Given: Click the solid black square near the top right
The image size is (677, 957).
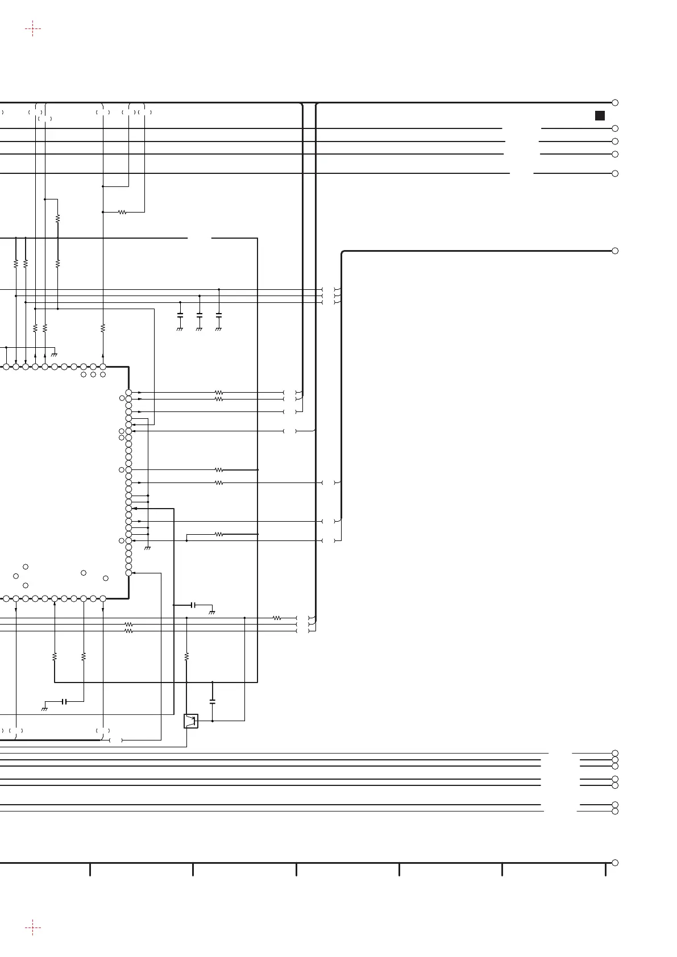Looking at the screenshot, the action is click(x=600, y=116).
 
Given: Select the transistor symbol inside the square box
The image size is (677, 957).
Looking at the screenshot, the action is click(x=191, y=721).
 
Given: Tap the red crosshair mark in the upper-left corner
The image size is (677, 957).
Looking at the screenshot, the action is click(x=33, y=28).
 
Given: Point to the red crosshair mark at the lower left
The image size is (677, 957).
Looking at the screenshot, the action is click(x=33, y=928).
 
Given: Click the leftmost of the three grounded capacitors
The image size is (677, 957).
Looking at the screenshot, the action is click(x=180, y=314).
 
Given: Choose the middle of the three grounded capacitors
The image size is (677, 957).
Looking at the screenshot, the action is click(x=200, y=314).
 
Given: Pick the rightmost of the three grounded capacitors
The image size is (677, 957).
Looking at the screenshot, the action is click(x=219, y=314).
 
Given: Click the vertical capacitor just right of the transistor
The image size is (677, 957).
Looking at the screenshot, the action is click(x=213, y=702).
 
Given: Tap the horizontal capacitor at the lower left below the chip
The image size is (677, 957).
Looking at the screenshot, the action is click(x=64, y=702).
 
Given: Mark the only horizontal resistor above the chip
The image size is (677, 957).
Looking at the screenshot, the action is click(x=122, y=212).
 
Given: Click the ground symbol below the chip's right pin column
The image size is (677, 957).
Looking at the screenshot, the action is click(x=148, y=548).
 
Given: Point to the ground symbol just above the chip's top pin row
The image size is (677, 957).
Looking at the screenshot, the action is click(x=55, y=355).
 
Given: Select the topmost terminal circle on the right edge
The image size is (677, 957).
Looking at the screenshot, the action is click(x=615, y=103).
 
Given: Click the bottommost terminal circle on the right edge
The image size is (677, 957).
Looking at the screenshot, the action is click(x=615, y=863).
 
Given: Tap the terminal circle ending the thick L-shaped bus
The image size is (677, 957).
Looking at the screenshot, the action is click(x=615, y=251).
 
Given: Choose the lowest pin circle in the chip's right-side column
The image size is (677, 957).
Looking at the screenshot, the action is click(x=128, y=573).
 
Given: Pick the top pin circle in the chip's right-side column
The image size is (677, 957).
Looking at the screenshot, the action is click(x=128, y=393).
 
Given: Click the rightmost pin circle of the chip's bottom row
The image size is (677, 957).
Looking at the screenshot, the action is click(x=103, y=598).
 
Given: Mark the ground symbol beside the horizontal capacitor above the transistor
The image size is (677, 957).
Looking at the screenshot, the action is click(x=212, y=612).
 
